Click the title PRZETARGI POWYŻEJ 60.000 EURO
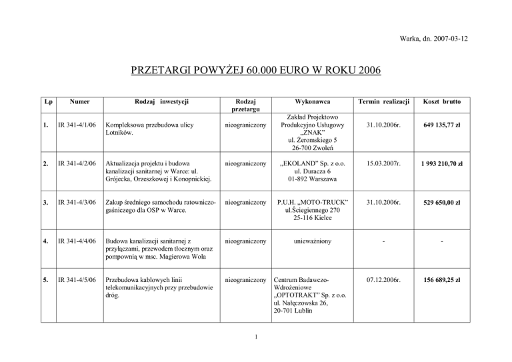point(255,71)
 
